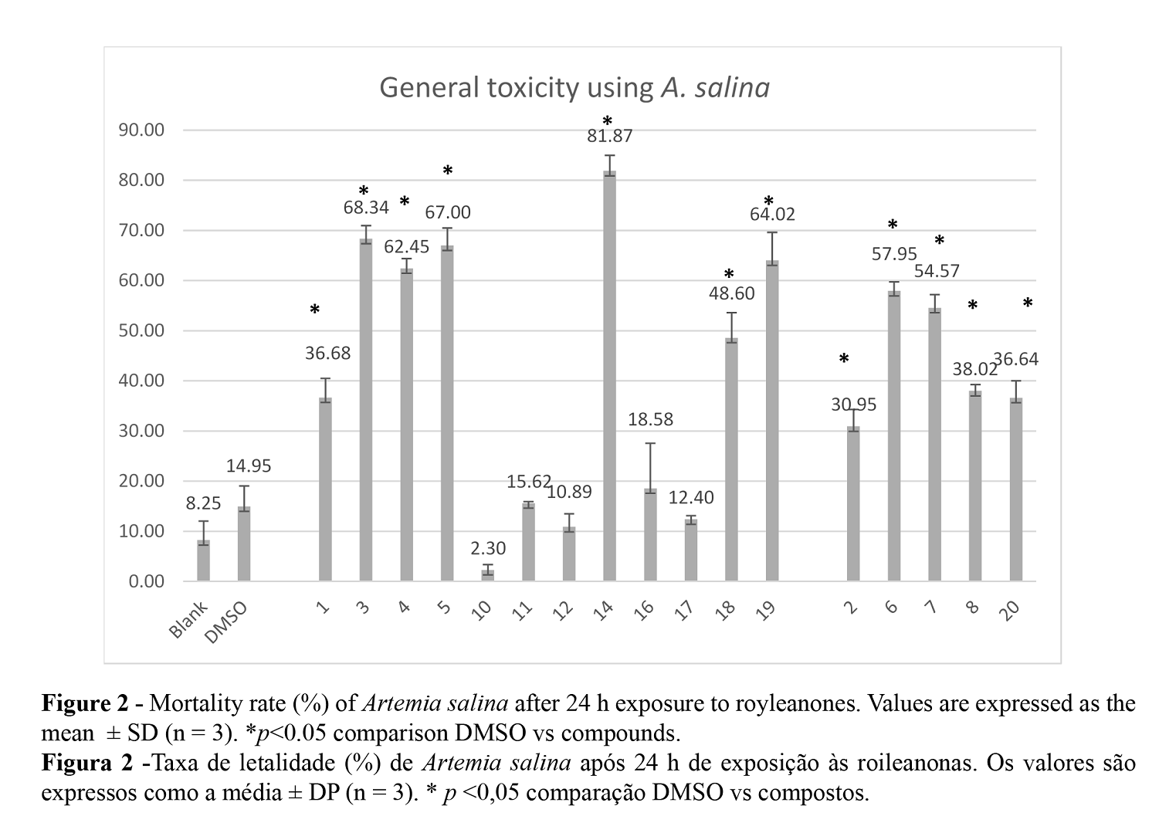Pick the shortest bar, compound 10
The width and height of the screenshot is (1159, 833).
coord(487,575)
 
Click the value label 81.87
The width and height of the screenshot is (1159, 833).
coord(610,137)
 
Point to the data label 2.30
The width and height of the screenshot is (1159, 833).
coord(488,548)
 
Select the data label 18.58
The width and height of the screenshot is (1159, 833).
coord(650,419)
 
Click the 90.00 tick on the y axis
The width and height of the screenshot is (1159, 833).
coord(141,130)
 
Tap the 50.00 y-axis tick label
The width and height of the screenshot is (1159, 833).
coord(141,330)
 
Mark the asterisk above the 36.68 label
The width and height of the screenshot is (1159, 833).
coord(315,310)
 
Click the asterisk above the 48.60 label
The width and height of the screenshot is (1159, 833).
coord(729,275)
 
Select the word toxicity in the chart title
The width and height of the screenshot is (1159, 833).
coord(532,87)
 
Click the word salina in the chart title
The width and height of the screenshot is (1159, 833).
coord(732,87)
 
